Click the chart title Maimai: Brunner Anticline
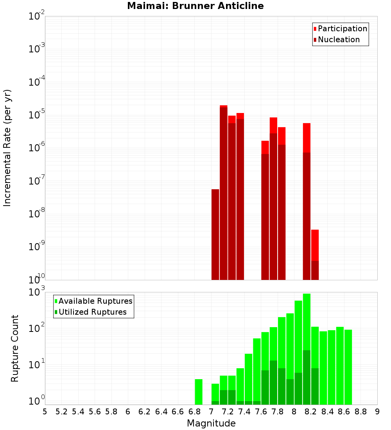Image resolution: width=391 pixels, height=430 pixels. tap(195, 6)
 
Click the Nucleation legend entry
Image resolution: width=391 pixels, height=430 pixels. tap(339, 39)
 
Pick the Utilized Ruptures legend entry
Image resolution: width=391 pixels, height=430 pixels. tap(92, 312)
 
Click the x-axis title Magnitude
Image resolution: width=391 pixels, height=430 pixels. tap(211, 423)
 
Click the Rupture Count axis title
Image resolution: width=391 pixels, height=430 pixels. tap(15, 348)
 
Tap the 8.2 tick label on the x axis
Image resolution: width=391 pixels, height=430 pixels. tap(311, 411)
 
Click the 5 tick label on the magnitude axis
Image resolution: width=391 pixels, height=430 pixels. tap(45, 411)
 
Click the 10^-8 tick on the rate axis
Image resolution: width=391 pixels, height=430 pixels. tap(37, 214)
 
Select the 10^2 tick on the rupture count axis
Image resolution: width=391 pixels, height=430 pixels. tap(37, 328)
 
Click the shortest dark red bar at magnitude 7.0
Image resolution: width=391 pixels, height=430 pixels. tap(215, 235)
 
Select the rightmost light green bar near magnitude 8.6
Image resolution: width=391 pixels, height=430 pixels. tap(348, 367)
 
